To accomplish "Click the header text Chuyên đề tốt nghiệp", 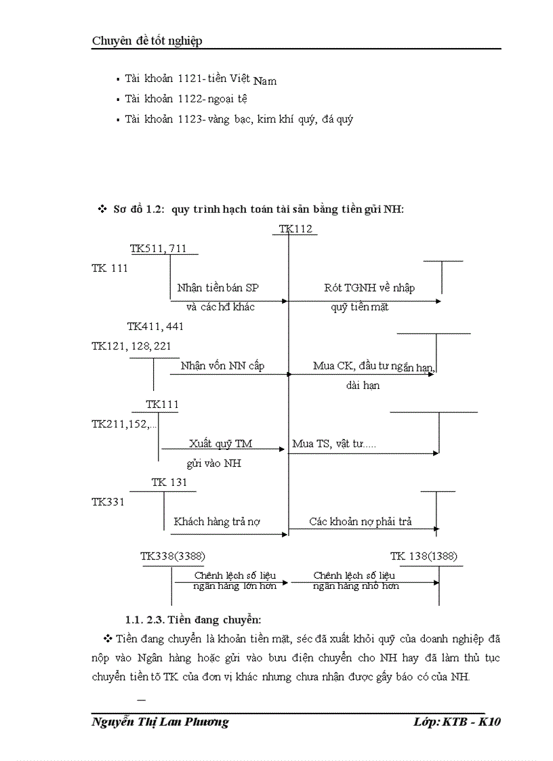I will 147,41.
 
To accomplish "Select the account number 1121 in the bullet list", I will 190,79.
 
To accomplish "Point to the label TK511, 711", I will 159,249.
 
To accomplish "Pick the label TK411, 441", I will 155,327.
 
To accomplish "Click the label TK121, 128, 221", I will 131,346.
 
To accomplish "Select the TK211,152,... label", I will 124,424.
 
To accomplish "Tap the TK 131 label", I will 169,482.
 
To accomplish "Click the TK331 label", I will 108,502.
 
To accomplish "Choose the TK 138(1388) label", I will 424,556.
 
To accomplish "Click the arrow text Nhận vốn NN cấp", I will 222,366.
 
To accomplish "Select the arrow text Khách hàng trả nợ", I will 218,522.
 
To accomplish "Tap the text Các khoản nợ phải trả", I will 361,522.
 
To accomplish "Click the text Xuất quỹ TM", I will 221,444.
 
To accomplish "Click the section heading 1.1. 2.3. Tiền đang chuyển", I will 193,619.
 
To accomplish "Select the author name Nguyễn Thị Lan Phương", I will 160,722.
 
